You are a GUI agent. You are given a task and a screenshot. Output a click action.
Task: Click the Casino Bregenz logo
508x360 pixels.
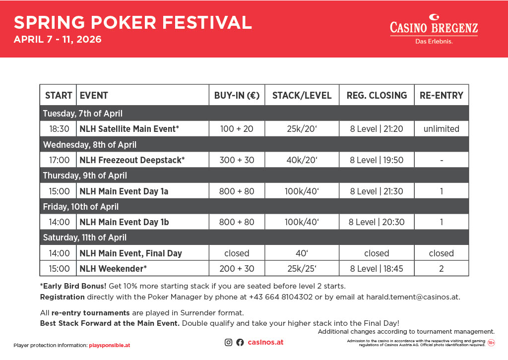coord(434,28)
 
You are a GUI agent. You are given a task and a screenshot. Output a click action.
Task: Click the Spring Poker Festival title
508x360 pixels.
coord(132,22)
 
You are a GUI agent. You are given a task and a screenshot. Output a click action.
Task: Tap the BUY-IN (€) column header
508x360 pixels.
coord(237,95)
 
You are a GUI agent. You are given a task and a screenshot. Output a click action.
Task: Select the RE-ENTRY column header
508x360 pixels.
coord(441,95)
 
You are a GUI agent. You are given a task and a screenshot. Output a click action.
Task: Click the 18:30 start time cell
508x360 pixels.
coord(59,129)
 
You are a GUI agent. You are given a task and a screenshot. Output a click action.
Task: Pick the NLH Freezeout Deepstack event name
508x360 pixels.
coord(132,160)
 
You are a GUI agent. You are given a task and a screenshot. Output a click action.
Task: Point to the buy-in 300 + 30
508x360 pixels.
coord(237,160)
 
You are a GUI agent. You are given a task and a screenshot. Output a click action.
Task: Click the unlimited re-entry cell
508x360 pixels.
coord(441,129)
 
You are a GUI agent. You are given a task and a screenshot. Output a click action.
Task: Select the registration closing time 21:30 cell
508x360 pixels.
coord(377,191)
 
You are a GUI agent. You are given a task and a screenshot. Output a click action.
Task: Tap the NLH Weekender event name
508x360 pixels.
coord(113,269)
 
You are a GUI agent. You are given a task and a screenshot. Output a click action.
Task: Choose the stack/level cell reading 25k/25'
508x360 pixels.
coord(302,269)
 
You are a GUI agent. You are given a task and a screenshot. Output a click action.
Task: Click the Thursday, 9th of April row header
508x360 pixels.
coord(85,176)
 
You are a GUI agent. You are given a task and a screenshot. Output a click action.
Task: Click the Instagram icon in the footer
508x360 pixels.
coord(229,342)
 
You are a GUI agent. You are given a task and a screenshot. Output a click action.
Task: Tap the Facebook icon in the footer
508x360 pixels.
coord(240,342)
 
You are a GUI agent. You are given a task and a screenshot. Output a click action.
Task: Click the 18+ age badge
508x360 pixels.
coord(491,343)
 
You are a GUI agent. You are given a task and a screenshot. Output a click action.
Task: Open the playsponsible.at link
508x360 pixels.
coord(109,345)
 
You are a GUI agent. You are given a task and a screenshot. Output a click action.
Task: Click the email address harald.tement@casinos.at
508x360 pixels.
coord(413,298)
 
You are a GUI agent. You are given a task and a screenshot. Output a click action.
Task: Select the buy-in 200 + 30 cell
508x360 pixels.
coord(237,269)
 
